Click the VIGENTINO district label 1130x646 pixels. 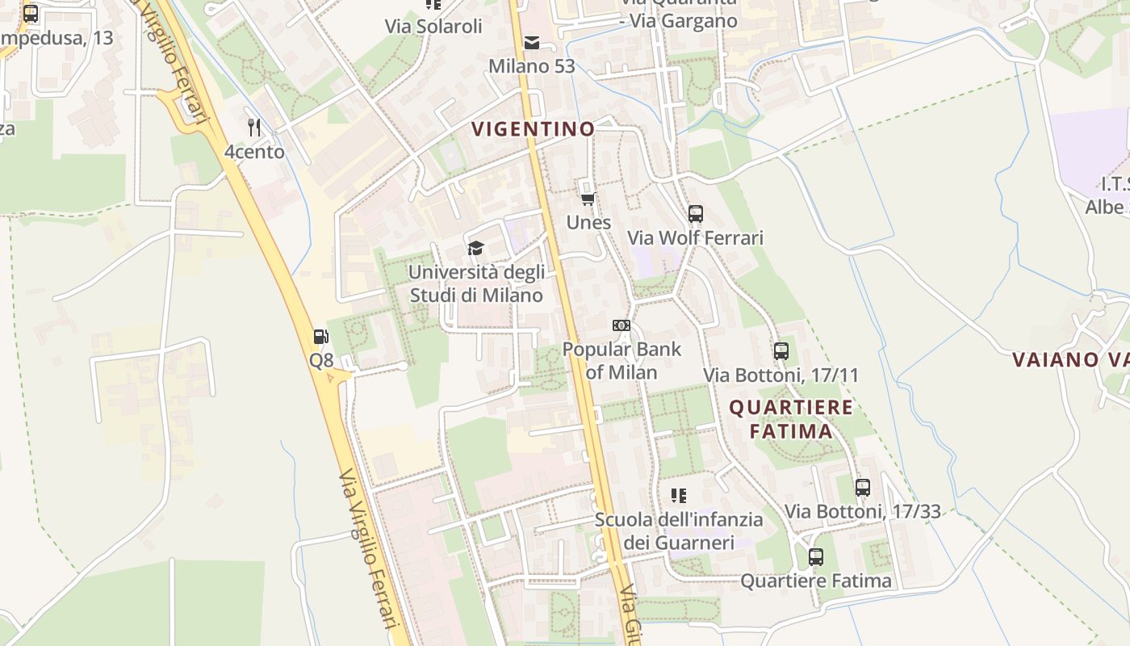(533, 128)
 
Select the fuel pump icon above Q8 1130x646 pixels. (321, 337)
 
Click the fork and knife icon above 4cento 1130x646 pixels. (254, 127)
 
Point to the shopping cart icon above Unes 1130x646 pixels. (588, 199)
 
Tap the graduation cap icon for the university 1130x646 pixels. (476, 247)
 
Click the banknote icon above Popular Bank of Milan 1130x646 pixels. (621, 325)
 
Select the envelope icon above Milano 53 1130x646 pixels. (532, 43)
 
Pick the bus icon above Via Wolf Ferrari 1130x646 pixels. (696, 214)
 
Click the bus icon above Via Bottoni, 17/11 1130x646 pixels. (781, 351)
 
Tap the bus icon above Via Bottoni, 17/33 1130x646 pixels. (863, 488)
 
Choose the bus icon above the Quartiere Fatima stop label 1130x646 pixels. (816, 557)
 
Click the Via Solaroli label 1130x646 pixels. (433, 26)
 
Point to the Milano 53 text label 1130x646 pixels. (532, 66)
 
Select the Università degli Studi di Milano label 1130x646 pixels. (476, 283)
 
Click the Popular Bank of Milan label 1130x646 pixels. (621, 361)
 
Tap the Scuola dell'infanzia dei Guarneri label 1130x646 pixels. (679, 531)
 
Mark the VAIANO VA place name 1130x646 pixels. (1070, 359)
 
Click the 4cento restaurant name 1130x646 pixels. (254, 152)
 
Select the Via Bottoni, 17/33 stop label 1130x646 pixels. (863, 511)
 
